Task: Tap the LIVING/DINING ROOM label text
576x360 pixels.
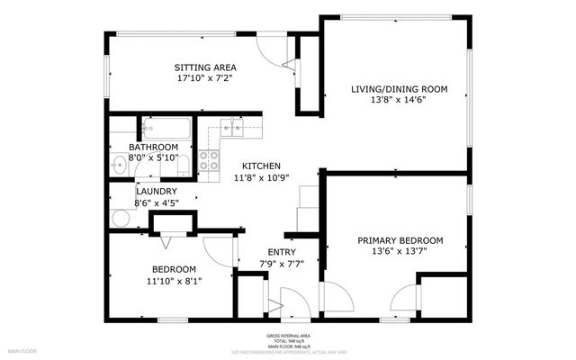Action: point(398,88)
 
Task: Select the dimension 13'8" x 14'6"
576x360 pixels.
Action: point(398,100)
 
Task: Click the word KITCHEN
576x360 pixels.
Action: point(261,166)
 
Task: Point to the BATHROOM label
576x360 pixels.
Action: point(153,147)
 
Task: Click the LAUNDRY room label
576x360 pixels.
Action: point(156,192)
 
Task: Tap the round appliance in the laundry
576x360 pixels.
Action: point(120,217)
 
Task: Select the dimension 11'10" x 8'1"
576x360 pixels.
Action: point(174,281)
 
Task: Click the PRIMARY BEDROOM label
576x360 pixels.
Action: point(400,240)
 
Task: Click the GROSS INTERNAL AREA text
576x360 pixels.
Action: point(288,336)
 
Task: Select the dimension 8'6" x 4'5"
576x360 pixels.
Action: point(156,202)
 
